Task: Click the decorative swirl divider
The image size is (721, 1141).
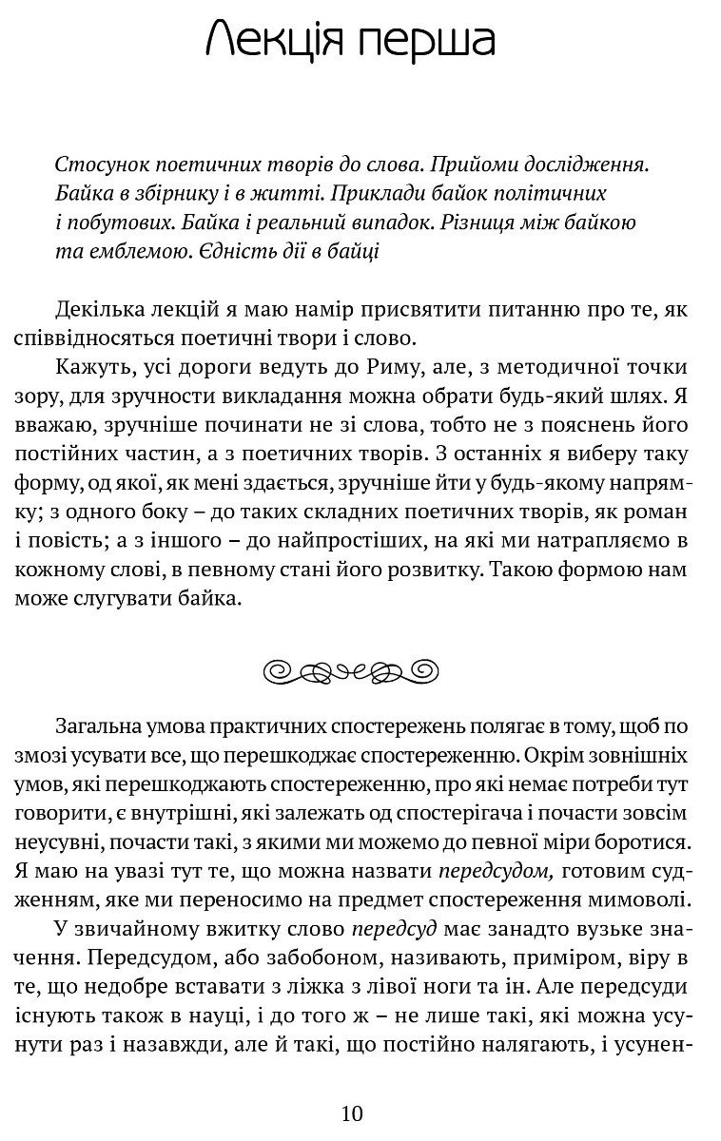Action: pyautogui.click(x=360, y=671)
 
